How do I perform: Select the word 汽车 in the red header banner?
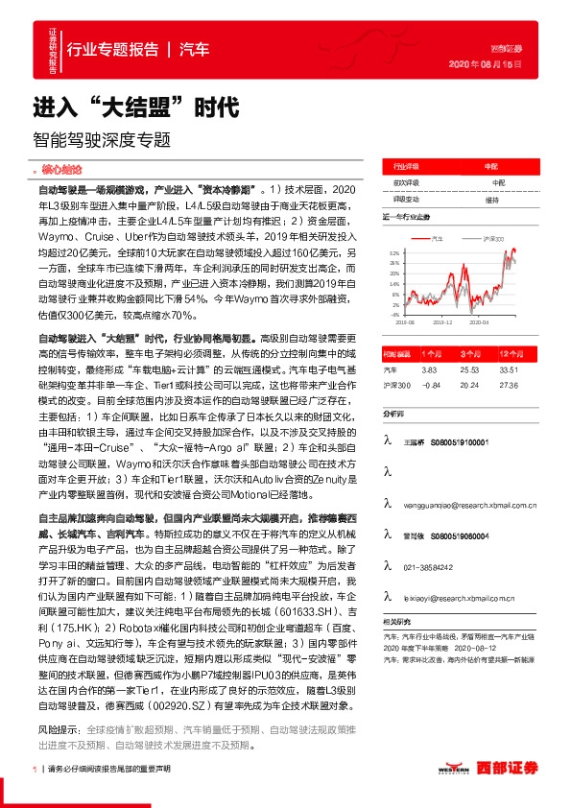[196, 48]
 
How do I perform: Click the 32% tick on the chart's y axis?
[394, 252]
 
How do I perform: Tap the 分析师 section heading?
[395, 414]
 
